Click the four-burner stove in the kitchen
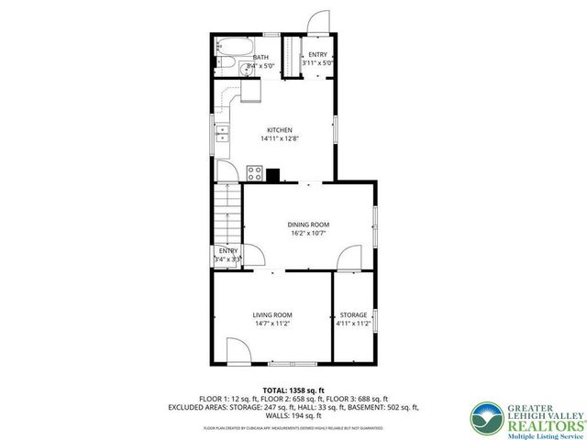click(255, 172)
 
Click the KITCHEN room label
click(279, 130)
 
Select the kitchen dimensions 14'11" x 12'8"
click(279, 139)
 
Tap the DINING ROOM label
click(308, 225)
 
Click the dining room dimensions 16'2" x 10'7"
click(308, 234)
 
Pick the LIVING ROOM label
click(272, 315)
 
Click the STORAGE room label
click(353, 315)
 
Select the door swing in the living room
click(237, 351)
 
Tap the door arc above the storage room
click(349, 262)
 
